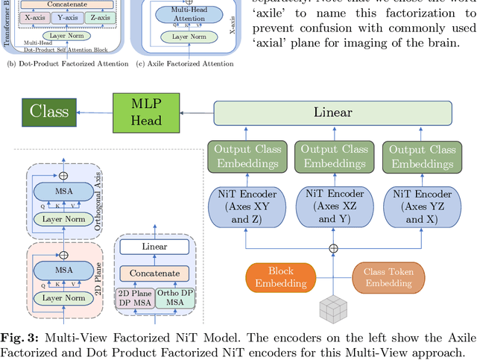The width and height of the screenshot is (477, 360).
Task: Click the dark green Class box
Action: click(48, 112)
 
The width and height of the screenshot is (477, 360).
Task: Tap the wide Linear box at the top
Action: click(332, 113)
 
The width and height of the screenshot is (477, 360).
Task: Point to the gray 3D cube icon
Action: click(333, 309)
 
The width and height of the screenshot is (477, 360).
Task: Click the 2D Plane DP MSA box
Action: click(134, 298)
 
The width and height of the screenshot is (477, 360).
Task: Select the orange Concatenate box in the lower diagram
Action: click(154, 274)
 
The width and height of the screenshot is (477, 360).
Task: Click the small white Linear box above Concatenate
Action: click(154, 247)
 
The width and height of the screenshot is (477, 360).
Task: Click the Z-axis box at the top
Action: click(97, 17)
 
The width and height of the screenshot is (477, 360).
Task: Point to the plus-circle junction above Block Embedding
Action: click(333, 248)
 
